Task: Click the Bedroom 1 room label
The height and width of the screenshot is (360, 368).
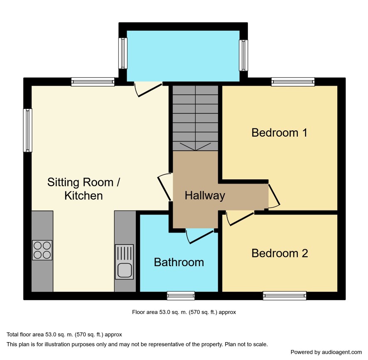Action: [279, 133]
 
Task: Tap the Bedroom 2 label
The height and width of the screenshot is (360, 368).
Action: [280, 253]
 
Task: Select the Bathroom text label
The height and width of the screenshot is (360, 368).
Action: [179, 262]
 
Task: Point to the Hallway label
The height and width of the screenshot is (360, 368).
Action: [205, 196]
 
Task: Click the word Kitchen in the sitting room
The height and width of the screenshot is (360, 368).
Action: [83, 196]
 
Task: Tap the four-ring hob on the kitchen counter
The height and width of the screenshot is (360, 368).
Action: [42, 250]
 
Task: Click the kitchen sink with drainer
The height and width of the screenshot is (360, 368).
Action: [124, 262]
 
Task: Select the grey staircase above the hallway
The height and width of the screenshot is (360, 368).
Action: [196, 118]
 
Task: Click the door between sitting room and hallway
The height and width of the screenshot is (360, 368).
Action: [165, 187]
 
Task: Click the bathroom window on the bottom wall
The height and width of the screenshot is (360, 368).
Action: [181, 296]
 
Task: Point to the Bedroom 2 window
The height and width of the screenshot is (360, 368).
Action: [285, 296]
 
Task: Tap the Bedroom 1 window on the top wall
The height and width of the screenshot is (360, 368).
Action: [293, 82]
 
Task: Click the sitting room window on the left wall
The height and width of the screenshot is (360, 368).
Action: [27, 130]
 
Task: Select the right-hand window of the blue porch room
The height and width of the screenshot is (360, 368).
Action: [243, 55]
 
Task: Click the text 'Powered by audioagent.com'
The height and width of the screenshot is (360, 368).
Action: [326, 352]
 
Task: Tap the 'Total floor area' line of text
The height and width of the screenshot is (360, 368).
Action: [64, 335]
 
